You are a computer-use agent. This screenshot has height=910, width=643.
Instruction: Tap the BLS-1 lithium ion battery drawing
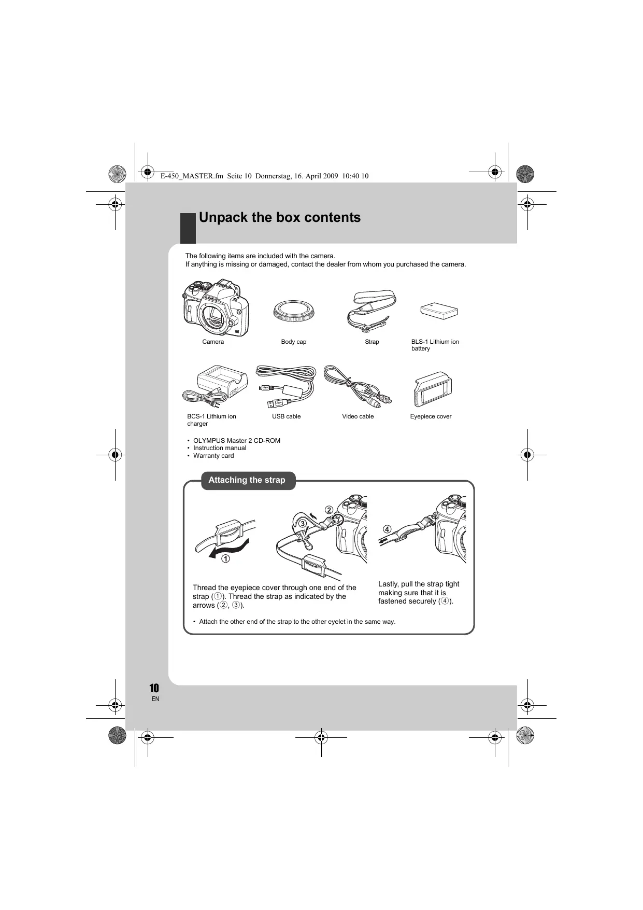439,312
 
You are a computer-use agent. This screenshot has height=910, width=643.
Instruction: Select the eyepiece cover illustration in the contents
433,389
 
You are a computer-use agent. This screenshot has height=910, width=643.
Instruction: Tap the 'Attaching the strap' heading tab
247,480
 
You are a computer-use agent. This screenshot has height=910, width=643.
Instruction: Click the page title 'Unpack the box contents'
279,217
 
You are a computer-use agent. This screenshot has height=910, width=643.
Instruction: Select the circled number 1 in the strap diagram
226,559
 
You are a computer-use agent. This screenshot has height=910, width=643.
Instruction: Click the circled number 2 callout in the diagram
329,510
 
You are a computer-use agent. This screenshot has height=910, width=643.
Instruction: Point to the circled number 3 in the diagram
302,524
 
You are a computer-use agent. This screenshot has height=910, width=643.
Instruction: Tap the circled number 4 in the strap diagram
387,529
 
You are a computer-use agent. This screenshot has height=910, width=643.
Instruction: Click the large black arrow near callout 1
228,549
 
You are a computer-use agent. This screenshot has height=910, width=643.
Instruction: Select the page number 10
154,688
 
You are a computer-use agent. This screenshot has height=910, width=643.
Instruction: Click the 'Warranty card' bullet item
213,456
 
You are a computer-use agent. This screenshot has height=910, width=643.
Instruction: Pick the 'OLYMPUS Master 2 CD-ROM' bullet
236,441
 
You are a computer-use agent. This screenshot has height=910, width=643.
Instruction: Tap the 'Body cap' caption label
294,342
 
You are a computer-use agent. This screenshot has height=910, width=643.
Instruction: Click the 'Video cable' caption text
358,416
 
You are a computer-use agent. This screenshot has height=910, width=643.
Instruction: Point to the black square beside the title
188,228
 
